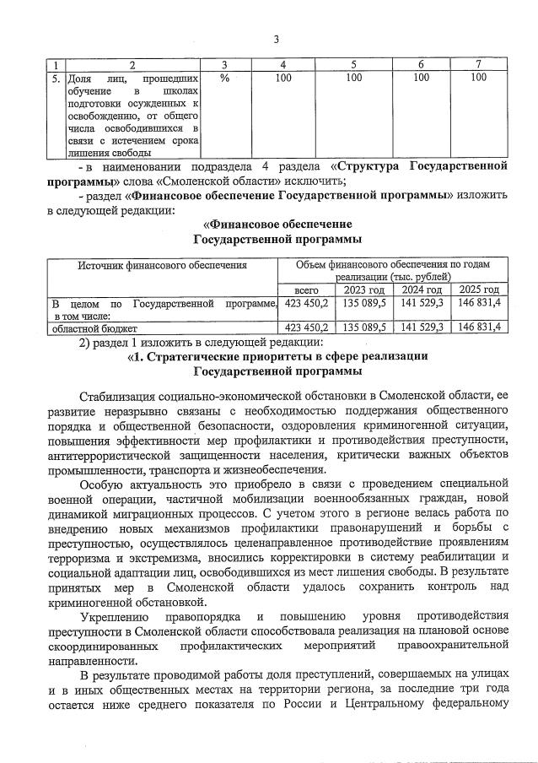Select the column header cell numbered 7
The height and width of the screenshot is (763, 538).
478,65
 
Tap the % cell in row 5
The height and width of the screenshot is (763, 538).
224,78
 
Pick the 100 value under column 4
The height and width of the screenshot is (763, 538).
283,78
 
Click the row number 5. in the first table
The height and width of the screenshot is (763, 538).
54,78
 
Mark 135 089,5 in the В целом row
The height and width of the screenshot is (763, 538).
364,302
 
